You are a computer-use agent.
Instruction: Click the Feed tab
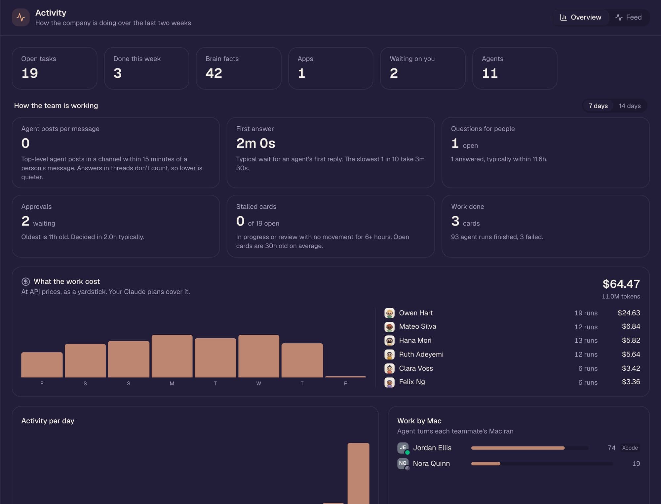(x=628, y=17)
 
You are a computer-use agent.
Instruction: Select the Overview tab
(x=581, y=17)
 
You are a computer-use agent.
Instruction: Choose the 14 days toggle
(x=630, y=106)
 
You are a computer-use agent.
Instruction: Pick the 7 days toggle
(x=598, y=106)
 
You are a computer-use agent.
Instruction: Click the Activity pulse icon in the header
(x=20, y=17)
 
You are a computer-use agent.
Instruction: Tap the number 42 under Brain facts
(x=214, y=73)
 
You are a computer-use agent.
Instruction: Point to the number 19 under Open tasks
(x=29, y=73)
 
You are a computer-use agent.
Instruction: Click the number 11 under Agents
(x=489, y=73)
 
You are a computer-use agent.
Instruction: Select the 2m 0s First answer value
(x=255, y=143)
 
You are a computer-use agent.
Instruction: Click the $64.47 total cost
(x=621, y=284)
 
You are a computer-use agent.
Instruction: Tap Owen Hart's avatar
(x=389, y=313)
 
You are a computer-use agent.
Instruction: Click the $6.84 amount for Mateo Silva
(x=631, y=326)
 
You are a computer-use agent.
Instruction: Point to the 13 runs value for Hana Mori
(x=586, y=340)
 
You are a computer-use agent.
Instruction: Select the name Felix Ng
(x=412, y=382)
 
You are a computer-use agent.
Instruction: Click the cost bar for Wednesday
(x=259, y=356)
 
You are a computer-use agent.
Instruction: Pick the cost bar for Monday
(x=172, y=356)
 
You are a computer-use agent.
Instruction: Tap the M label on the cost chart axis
(x=172, y=384)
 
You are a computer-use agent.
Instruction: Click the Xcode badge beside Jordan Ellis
(x=630, y=448)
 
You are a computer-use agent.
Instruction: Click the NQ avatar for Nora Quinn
(x=403, y=463)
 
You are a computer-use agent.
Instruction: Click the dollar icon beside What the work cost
(x=25, y=282)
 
